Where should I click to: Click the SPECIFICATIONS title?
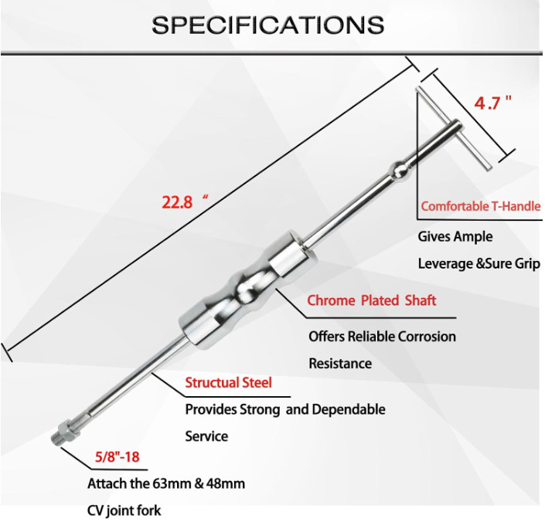(267, 25)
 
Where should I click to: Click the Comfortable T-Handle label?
(481, 206)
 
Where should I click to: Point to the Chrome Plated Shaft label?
(372, 300)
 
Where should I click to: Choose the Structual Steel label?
(228, 383)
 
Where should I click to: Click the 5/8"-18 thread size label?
(118, 457)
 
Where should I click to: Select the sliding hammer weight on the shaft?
(247, 290)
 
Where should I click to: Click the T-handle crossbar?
(454, 128)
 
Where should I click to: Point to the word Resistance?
(340, 364)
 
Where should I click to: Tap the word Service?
(206, 436)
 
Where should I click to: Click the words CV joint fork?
(124, 511)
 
